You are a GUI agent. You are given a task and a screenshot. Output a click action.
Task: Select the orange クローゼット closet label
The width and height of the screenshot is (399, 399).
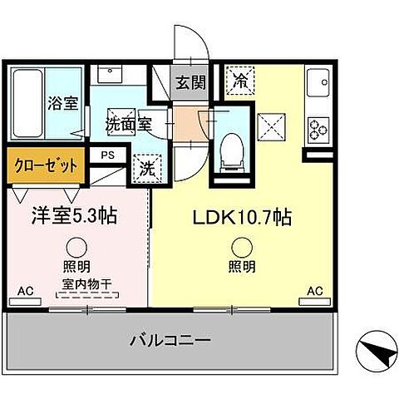(45, 165)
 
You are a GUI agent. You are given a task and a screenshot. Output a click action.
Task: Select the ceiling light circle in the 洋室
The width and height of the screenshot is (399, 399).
(76, 246)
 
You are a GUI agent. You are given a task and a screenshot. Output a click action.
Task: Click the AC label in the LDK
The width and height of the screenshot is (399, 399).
(315, 291)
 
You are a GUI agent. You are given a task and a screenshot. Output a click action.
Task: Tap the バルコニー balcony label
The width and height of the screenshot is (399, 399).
(172, 340)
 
